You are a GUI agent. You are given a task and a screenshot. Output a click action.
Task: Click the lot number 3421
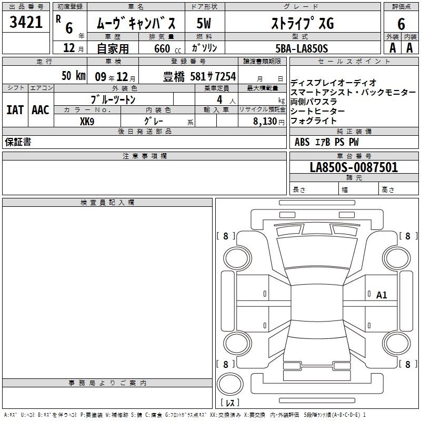pyautogui.click(x=26, y=22)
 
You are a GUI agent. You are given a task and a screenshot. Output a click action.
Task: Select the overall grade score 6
pyautogui.click(x=401, y=24)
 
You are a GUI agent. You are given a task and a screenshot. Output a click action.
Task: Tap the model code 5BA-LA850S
pyautogui.click(x=302, y=48)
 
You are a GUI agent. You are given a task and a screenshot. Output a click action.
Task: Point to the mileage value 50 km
pyautogui.click(x=74, y=75)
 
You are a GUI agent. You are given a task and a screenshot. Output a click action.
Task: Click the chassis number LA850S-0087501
pyautogui.click(x=354, y=167)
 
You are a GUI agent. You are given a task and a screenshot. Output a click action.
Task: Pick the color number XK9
pyautogui.click(x=87, y=122)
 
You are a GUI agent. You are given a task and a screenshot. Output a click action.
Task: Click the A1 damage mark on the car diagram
pyautogui.click(x=382, y=295)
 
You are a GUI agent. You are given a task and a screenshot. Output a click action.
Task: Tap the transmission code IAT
pyautogui.click(x=15, y=110)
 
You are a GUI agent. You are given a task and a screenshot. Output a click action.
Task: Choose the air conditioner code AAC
pyautogui.click(x=41, y=110)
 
